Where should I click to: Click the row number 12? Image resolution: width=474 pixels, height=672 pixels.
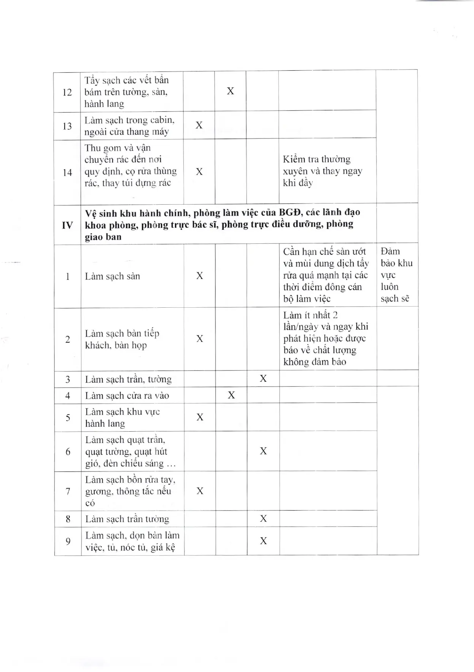click(67, 92)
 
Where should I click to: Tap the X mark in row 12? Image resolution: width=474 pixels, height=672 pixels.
click(231, 91)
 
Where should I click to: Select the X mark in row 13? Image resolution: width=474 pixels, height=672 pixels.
click(199, 125)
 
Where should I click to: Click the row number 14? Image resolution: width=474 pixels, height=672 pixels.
click(67, 173)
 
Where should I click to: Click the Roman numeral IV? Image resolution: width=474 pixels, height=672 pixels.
click(67, 225)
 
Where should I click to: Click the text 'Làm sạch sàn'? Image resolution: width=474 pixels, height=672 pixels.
click(113, 276)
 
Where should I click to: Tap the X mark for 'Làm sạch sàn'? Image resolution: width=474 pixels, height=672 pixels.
click(200, 276)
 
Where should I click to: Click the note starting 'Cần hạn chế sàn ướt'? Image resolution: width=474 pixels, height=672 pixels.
click(326, 275)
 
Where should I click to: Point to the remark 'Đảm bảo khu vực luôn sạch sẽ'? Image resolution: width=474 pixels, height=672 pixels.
click(396, 275)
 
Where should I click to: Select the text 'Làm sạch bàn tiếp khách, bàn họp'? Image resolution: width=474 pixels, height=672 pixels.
click(122, 339)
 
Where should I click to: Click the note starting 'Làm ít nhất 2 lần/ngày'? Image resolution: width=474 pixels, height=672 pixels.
click(326, 338)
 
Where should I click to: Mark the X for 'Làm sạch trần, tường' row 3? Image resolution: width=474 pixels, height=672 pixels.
click(263, 378)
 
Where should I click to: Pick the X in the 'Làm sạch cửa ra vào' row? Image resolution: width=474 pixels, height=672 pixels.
click(231, 395)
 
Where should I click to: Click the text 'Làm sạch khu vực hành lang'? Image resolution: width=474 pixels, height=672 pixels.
click(122, 418)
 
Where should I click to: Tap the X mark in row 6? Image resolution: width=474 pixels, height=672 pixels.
click(263, 451)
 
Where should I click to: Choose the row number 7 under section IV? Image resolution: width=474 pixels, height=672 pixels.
click(68, 491)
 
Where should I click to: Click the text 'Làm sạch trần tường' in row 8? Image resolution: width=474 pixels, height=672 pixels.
click(127, 519)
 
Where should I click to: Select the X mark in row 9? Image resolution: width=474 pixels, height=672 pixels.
click(263, 541)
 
